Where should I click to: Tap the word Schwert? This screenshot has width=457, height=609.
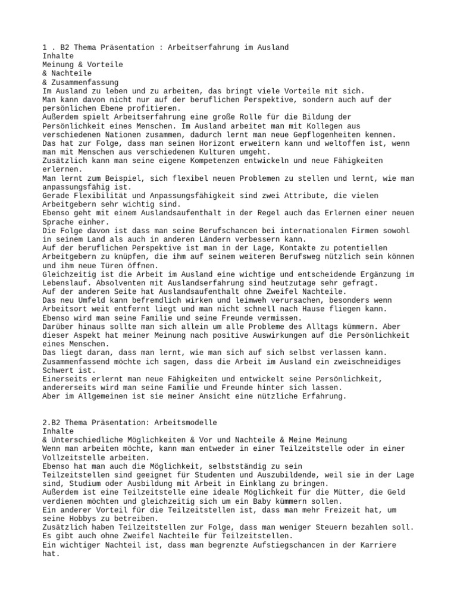point(58,370)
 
